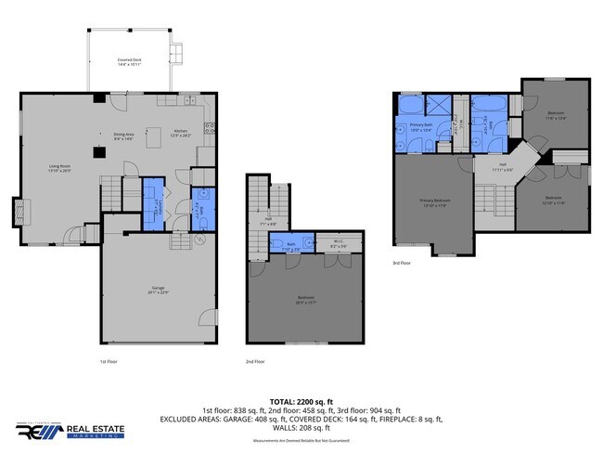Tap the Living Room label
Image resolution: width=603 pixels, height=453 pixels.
coord(60,170)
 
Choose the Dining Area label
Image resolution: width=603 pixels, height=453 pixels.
coord(125,137)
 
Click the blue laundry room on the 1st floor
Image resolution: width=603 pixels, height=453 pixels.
coord(154,204)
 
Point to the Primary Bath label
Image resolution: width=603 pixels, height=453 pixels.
coord(423,129)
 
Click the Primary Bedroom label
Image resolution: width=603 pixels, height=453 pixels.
coord(435,203)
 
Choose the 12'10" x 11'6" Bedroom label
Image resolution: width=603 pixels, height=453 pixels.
coord(553,201)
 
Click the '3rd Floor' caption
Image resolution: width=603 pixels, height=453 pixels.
coord(402,264)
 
